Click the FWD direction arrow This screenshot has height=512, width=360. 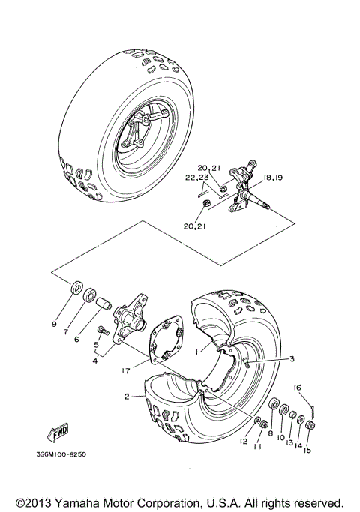click(58, 433)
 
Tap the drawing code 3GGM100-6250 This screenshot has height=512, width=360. click(61, 454)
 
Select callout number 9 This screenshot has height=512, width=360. click(54, 324)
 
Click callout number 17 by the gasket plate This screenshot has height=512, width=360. click(126, 370)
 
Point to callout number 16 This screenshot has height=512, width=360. click(297, 388)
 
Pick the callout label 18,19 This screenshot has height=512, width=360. click(273, 178)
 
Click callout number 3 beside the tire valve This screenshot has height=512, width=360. click(292, 358)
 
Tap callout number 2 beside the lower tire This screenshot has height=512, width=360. click(127, 397)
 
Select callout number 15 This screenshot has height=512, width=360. click(307, 450)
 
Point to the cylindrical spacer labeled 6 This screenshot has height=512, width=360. click(104, 302)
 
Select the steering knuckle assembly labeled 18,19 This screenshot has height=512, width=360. click(246, 188)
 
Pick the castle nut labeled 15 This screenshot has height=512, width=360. click(310, 425)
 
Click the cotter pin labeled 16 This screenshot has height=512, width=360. click(313, 411)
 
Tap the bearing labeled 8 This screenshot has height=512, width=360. click(274, 403)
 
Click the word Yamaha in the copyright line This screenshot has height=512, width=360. click(79, 502)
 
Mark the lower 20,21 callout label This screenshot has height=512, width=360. click(194, 226)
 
